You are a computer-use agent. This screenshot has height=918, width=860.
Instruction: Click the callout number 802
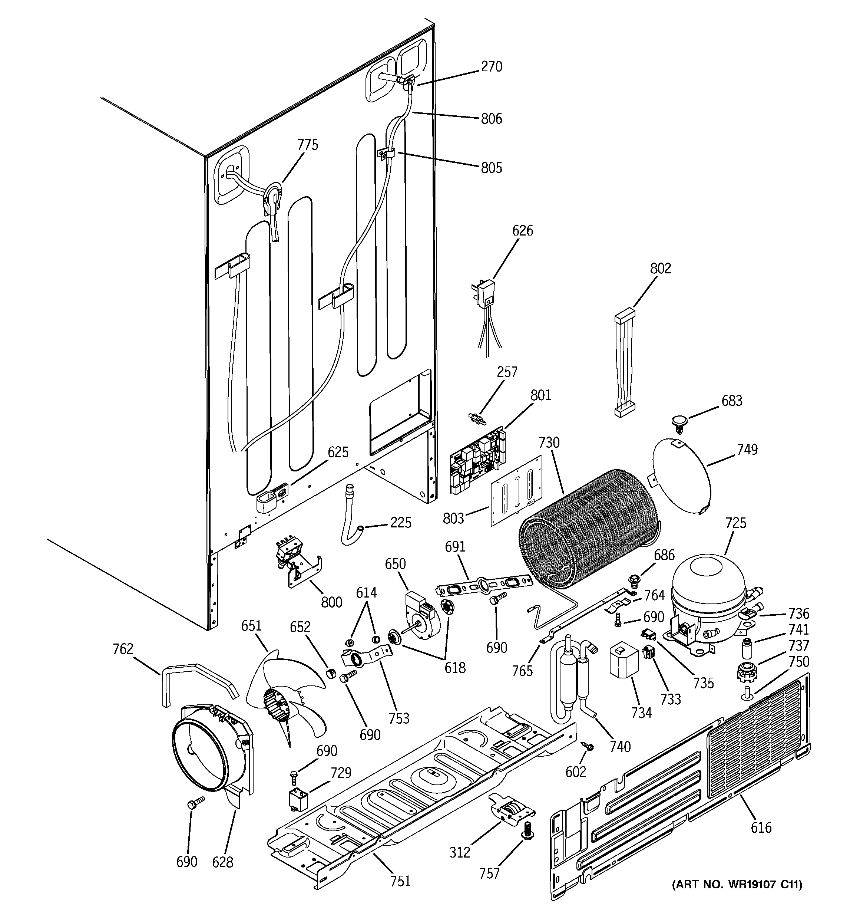(x=661, y=268)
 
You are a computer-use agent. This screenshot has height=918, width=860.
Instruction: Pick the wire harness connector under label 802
(x=624, y=362)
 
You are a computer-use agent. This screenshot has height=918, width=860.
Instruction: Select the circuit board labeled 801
(x=478, y=460)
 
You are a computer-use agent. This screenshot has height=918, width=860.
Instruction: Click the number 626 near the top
(x=523, y=230)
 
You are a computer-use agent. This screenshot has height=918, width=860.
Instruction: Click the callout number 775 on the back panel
(x=307, y=145)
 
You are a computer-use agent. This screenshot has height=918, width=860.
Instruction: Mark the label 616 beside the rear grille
(x=761, y=827)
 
